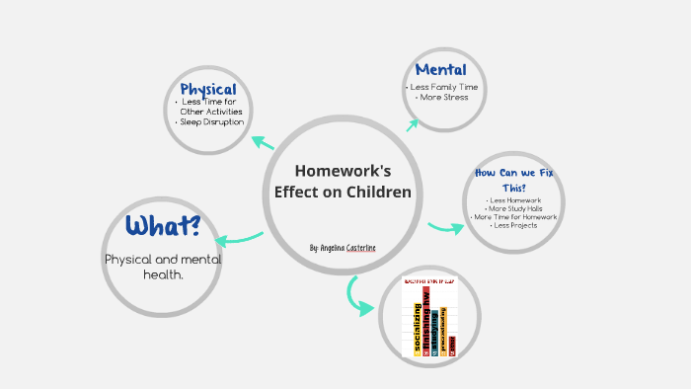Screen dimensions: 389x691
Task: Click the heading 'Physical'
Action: click(207, 90)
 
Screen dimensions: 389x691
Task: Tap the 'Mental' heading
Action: click(440, 69)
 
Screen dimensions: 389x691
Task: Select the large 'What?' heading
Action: click(163, 226)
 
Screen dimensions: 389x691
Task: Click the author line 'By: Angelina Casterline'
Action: click(343, 247)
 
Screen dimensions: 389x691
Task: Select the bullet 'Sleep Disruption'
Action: click(210, 122)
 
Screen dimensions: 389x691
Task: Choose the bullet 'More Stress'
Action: click(441, 98)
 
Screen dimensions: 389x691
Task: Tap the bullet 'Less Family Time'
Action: click(441, 88)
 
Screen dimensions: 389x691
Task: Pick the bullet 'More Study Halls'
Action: click(514, 208)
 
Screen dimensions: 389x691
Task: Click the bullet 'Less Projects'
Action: click(514, 225)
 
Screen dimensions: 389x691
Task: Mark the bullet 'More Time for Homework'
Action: click(514, 217)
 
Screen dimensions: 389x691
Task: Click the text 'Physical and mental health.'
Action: click(163, 267)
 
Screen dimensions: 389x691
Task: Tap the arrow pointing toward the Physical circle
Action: click(263, 142)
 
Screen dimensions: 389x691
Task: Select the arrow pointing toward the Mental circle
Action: click(411, 123)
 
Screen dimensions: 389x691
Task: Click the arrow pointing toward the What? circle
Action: click(238, 238)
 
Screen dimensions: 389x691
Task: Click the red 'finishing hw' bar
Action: click(426, 322)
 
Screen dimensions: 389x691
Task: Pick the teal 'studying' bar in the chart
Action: click(435, 332)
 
